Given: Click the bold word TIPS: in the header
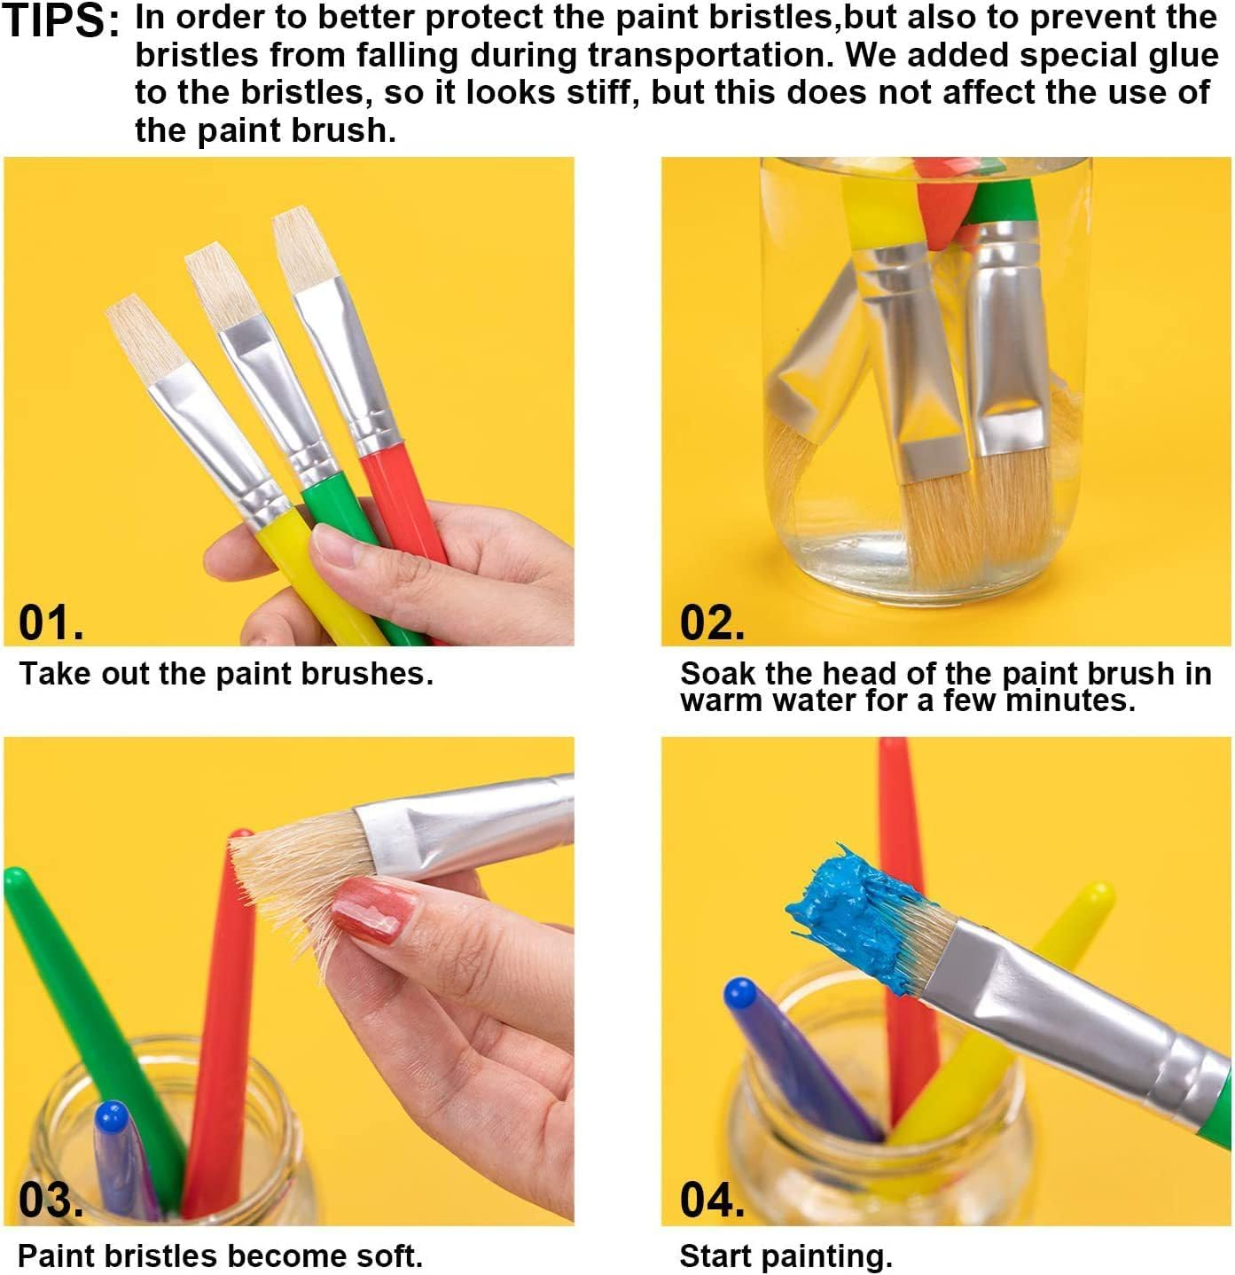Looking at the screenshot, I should (x=60, y=21).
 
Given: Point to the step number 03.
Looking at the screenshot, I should (x=51, y=1201).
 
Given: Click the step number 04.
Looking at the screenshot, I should (x=711, y=1201).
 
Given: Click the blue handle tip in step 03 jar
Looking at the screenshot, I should (x=111, y=1115).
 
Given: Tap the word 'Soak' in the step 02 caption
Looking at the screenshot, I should (x=717, y=674).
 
